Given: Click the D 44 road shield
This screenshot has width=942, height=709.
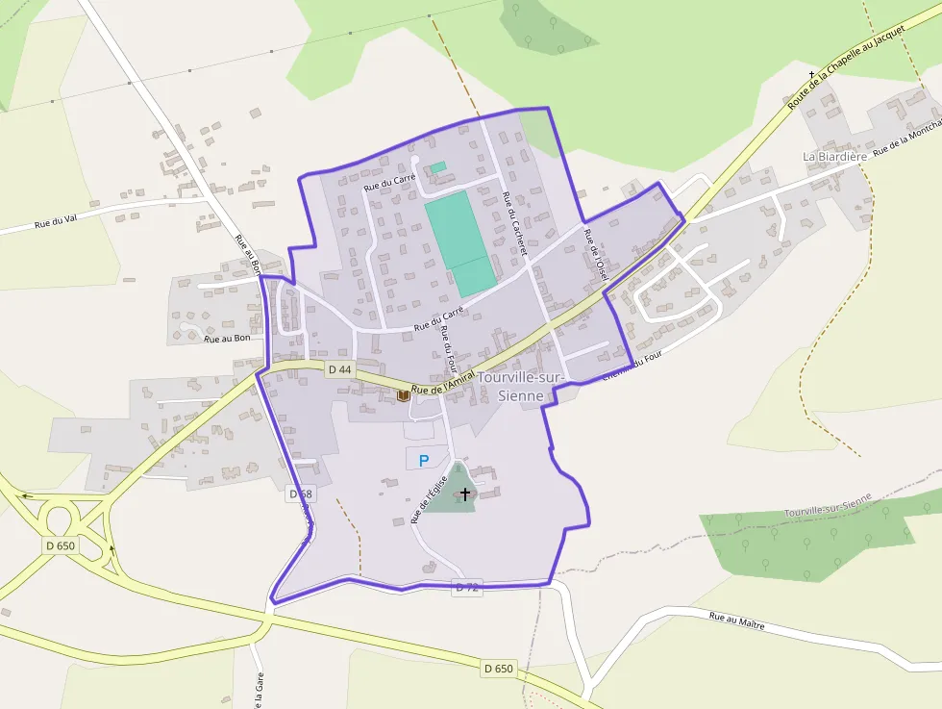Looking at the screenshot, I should tap(339, 369).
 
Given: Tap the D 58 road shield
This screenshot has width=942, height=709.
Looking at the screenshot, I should tap(301, 494).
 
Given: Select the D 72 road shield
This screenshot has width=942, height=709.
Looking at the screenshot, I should tap(466, 587).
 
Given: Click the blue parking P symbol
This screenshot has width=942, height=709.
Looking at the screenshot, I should tap(424, 461).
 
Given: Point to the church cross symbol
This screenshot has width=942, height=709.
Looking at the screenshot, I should tap(465, 494).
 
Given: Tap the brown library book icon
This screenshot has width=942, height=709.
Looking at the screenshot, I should tap(404, 394).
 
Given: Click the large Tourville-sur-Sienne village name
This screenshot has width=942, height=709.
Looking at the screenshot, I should tap(521, 387).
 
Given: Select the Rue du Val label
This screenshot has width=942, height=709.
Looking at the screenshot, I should tap(55, 222).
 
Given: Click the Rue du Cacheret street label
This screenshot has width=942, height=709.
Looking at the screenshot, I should tap(515, 223).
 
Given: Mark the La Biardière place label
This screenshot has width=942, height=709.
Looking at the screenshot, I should tap(834, 156).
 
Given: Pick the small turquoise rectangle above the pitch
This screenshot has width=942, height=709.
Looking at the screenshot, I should tap(438, 167).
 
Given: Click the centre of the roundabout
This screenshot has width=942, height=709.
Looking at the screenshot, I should tap(61, 519).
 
